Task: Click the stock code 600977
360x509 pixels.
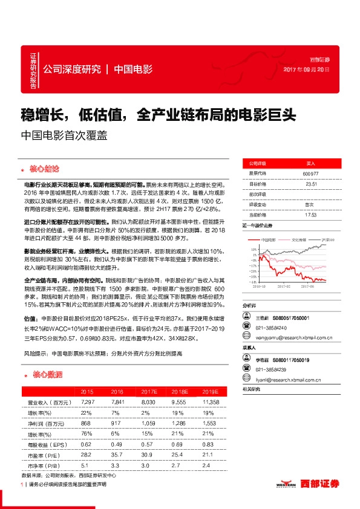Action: pyautogui.click(x=310, y=174)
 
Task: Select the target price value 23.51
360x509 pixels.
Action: pyautogui.click(x=310, y=184)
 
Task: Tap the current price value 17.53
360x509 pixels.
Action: pyautogui.click(x=310, y=214)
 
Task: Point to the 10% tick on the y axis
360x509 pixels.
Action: pyautogui.click(x=247, y=248)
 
